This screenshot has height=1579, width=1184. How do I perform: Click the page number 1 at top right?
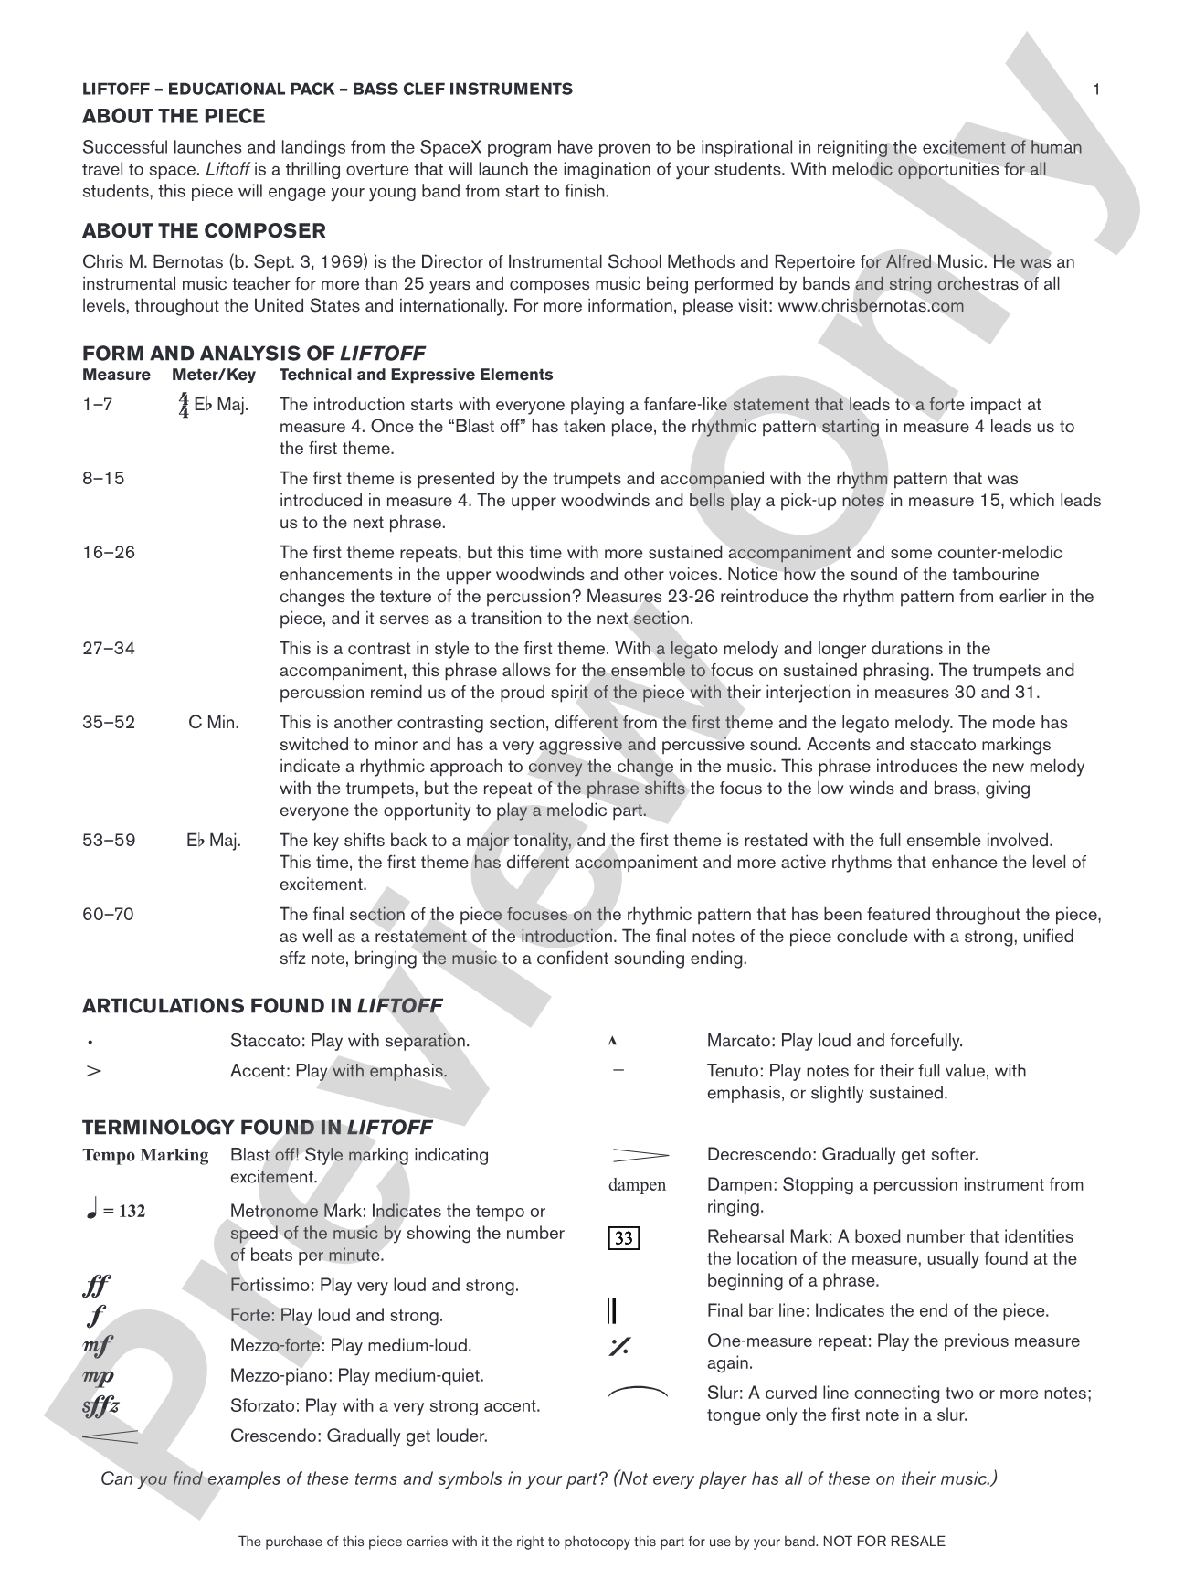pos(1096,89)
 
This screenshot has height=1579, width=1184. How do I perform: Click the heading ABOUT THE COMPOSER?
pos(204,230)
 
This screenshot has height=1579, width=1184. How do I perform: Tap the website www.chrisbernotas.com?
pos(870,306)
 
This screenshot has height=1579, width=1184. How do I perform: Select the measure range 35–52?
pos(109,723)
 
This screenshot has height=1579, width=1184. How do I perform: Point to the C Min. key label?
pos(214,723)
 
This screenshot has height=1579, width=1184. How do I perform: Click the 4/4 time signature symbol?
pos(184,405)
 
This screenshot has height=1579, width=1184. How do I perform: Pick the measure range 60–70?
pos(108,915)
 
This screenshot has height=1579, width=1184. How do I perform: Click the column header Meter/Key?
pos(214,375)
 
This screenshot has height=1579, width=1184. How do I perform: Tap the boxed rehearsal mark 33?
pos(623,1238)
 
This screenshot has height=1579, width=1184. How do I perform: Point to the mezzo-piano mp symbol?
pos(98,1376)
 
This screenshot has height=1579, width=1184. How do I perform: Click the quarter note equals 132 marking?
pos(114,1212)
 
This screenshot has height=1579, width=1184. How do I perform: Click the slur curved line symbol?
pos(638,1393)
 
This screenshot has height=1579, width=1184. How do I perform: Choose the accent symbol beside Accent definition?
pos(92,1071)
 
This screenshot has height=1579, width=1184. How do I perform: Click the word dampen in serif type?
pos(637,1186)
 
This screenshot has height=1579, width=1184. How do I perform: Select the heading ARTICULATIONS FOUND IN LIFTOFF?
pos(262,1006)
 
